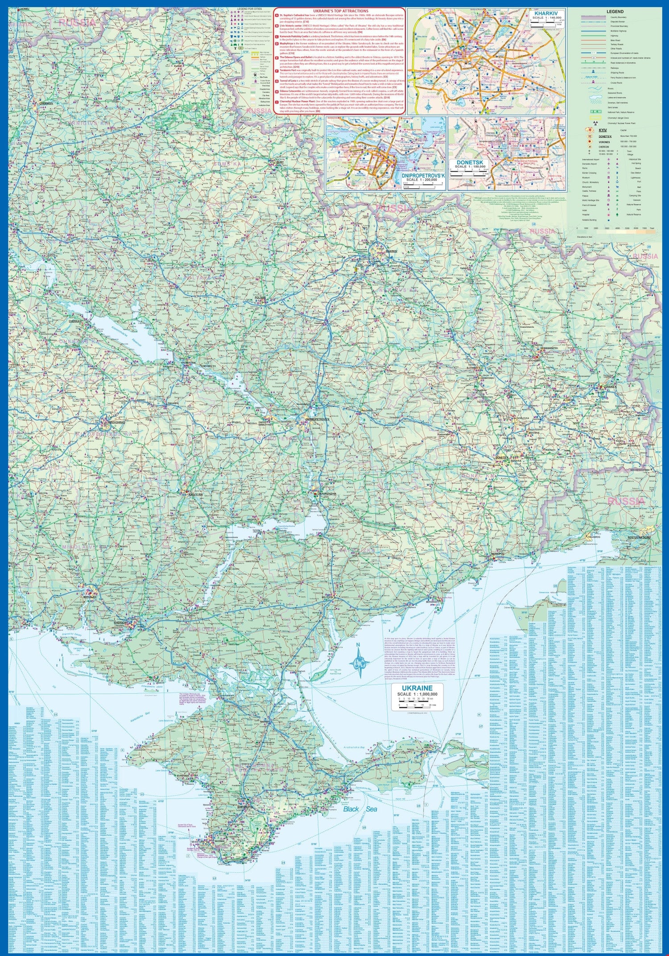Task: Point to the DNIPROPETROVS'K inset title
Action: [x=424, y=177]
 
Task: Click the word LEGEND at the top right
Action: [x=615, y=12]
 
